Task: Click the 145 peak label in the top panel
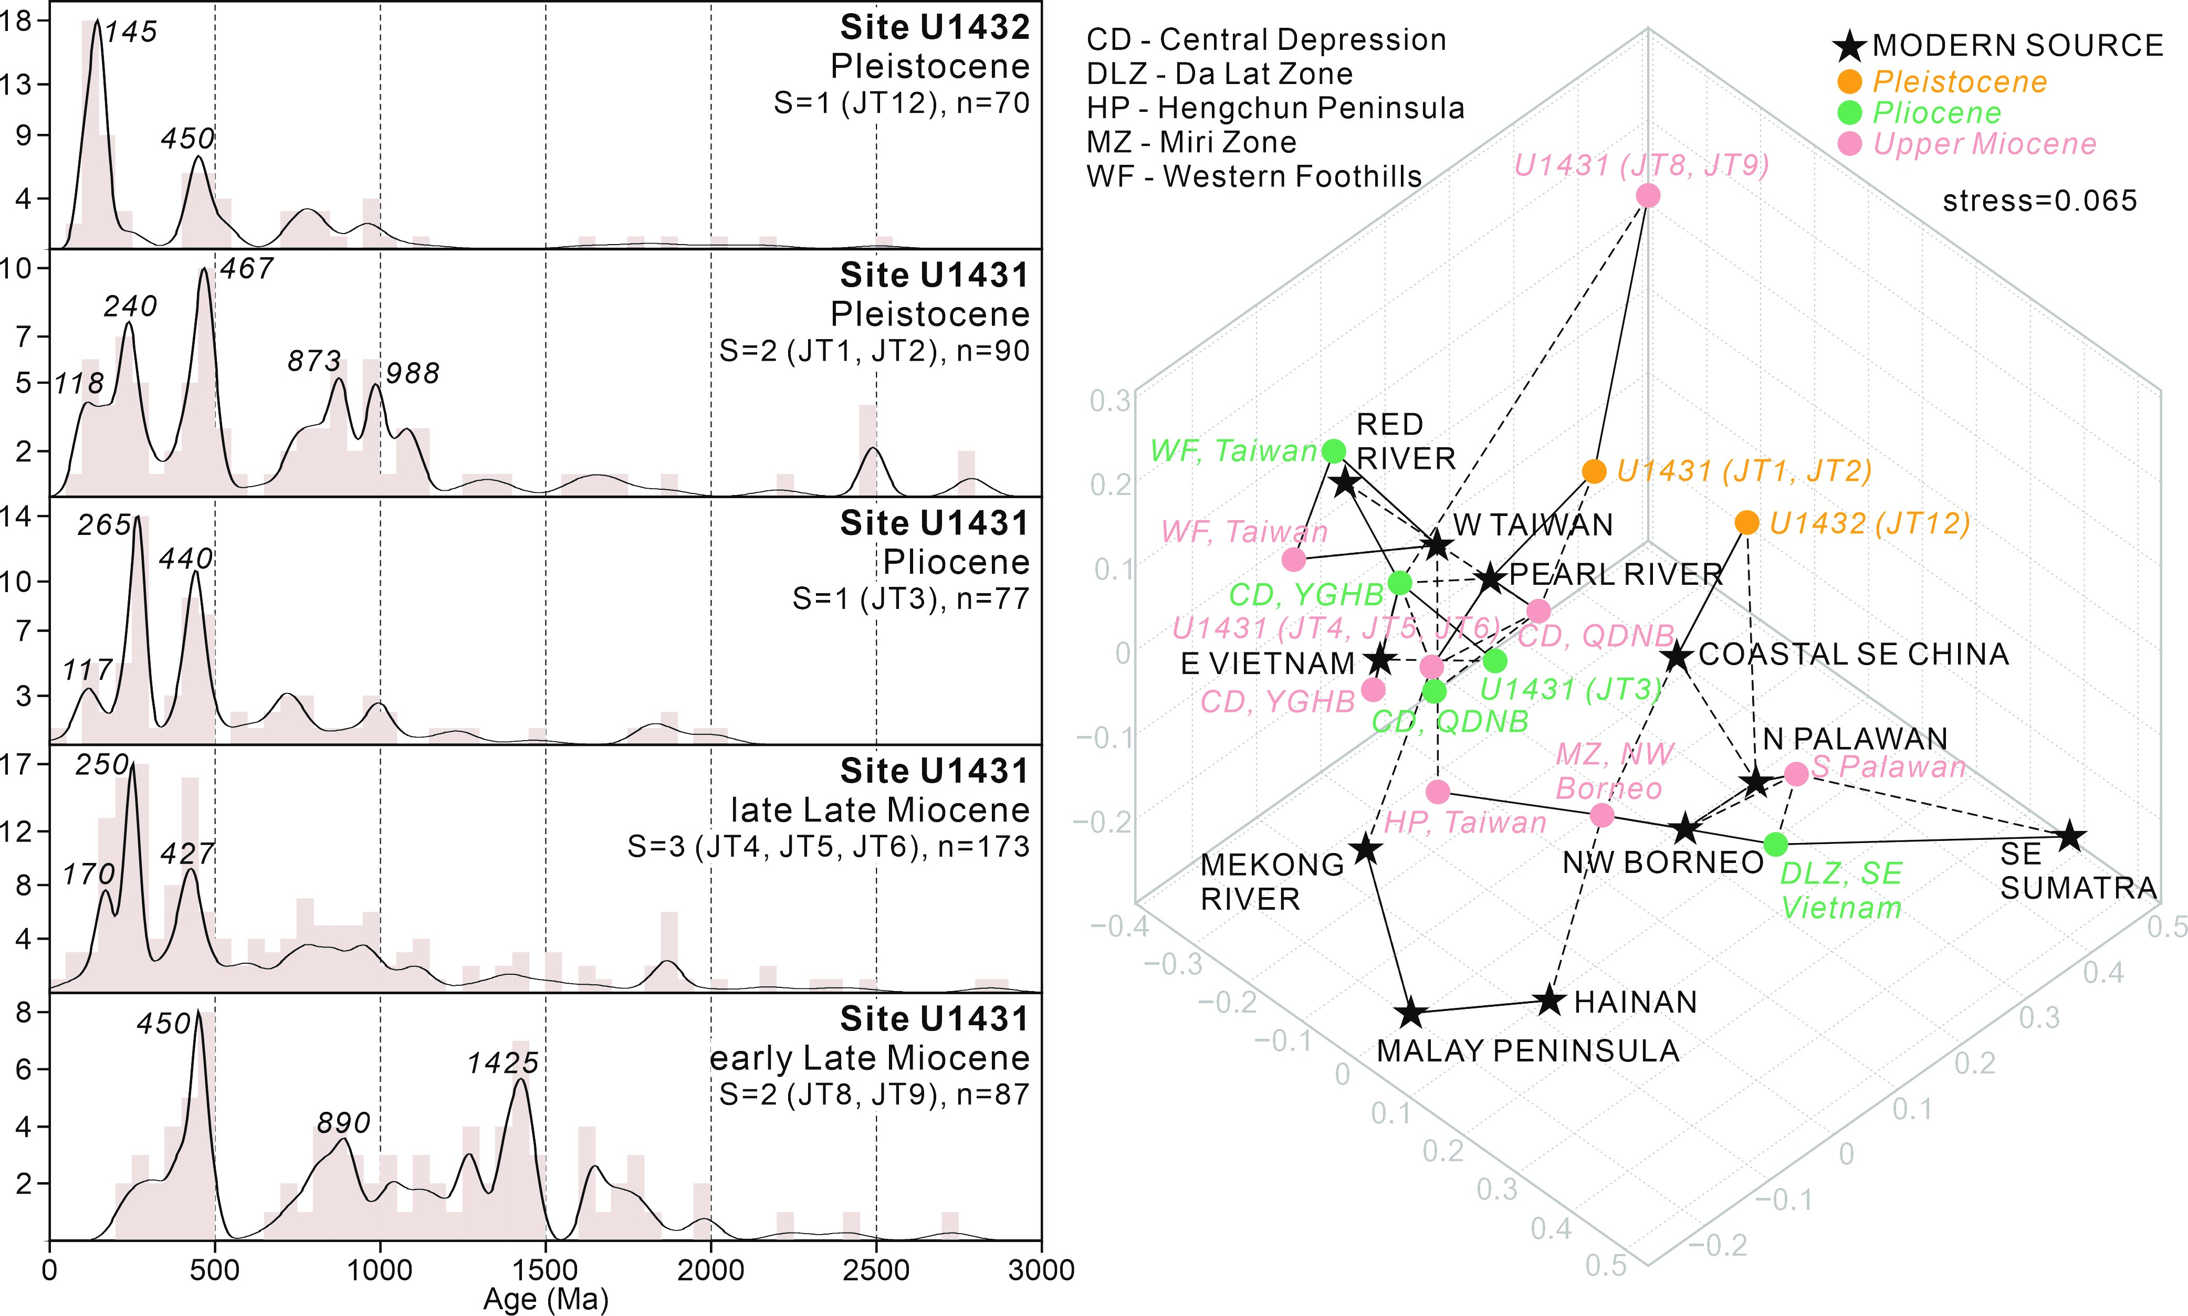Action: click(x=131, y=32)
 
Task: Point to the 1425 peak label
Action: click(x=503, y=1062)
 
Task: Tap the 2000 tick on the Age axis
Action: click(x=710, y=1270)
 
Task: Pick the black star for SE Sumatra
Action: click(x=2070, y=836)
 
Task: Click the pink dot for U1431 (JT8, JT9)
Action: click(x=1648, y=195)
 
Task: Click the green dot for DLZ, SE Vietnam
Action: click(x=1775, y=844)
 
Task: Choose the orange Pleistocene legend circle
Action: click(x=1849, y=81)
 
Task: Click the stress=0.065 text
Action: click(x=2039, y=201)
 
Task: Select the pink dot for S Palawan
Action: click(x=1796, y=773)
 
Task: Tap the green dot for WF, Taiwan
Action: click(x=1334, y=450)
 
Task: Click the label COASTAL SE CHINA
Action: click(x=1854, y=655)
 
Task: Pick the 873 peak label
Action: click(x=314, y=361)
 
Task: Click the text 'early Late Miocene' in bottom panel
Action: click(x=869, y=1058)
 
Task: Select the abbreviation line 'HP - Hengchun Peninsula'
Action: click(x=1275, y=108)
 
